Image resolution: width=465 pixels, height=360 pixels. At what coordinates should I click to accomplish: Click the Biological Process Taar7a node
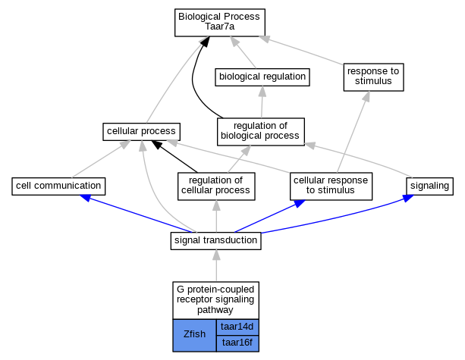[218, 23]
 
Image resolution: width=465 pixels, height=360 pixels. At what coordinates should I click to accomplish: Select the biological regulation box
[262, 77]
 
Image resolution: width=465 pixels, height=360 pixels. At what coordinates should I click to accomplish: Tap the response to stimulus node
[372, 77]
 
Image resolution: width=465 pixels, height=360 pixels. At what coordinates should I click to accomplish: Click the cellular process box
[142, 132]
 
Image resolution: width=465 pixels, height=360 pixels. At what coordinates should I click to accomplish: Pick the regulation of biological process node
[260, 131]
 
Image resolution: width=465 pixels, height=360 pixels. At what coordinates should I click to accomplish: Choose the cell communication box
[58, 185]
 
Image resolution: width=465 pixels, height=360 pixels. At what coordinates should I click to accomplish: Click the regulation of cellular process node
[216, 185]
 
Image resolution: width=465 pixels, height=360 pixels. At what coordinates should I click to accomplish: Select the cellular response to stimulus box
[331, 185]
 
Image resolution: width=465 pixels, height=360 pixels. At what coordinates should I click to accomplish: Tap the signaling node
[429, 185]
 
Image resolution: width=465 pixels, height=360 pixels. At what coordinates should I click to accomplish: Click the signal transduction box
[216, 241]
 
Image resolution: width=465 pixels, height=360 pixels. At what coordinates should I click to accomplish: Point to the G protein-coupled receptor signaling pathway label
[216, 300]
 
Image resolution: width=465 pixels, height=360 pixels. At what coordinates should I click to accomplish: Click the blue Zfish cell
[194, 334]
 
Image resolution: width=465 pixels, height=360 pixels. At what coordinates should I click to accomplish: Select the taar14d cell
[237, 327]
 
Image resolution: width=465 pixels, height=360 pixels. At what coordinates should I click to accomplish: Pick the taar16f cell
[237, 343]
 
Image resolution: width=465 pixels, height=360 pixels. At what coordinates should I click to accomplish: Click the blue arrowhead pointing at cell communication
[86, 197]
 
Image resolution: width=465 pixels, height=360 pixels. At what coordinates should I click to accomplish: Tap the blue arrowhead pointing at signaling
[408, 198]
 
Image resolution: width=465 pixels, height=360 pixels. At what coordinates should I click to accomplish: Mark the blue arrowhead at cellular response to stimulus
[301, 203]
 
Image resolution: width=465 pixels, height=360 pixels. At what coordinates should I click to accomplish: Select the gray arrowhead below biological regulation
[262, 90]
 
